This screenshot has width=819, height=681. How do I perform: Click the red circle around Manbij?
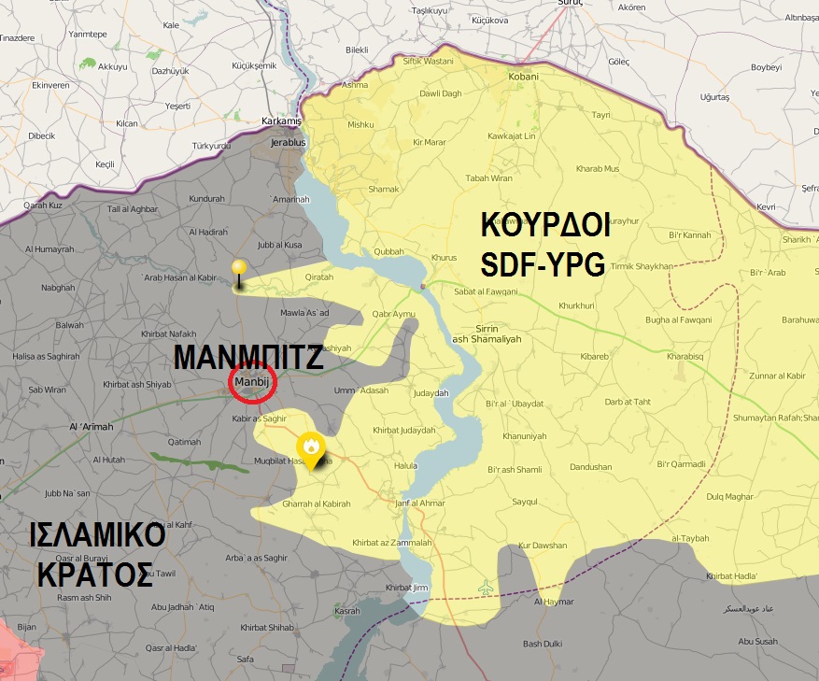(251, 384)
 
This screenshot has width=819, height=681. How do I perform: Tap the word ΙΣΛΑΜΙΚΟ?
(97, 536)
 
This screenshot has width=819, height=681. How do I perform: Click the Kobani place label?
(523, 78)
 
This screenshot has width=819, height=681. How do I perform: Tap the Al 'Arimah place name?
(90, 428)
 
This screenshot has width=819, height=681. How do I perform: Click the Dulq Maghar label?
(729, 496)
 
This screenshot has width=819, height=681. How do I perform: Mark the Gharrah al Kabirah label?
(316, 504)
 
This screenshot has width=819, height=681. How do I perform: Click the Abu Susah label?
(757, 642)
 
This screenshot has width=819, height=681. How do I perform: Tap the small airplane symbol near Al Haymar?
(485, 588)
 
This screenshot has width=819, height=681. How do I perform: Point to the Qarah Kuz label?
(42, 205)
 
